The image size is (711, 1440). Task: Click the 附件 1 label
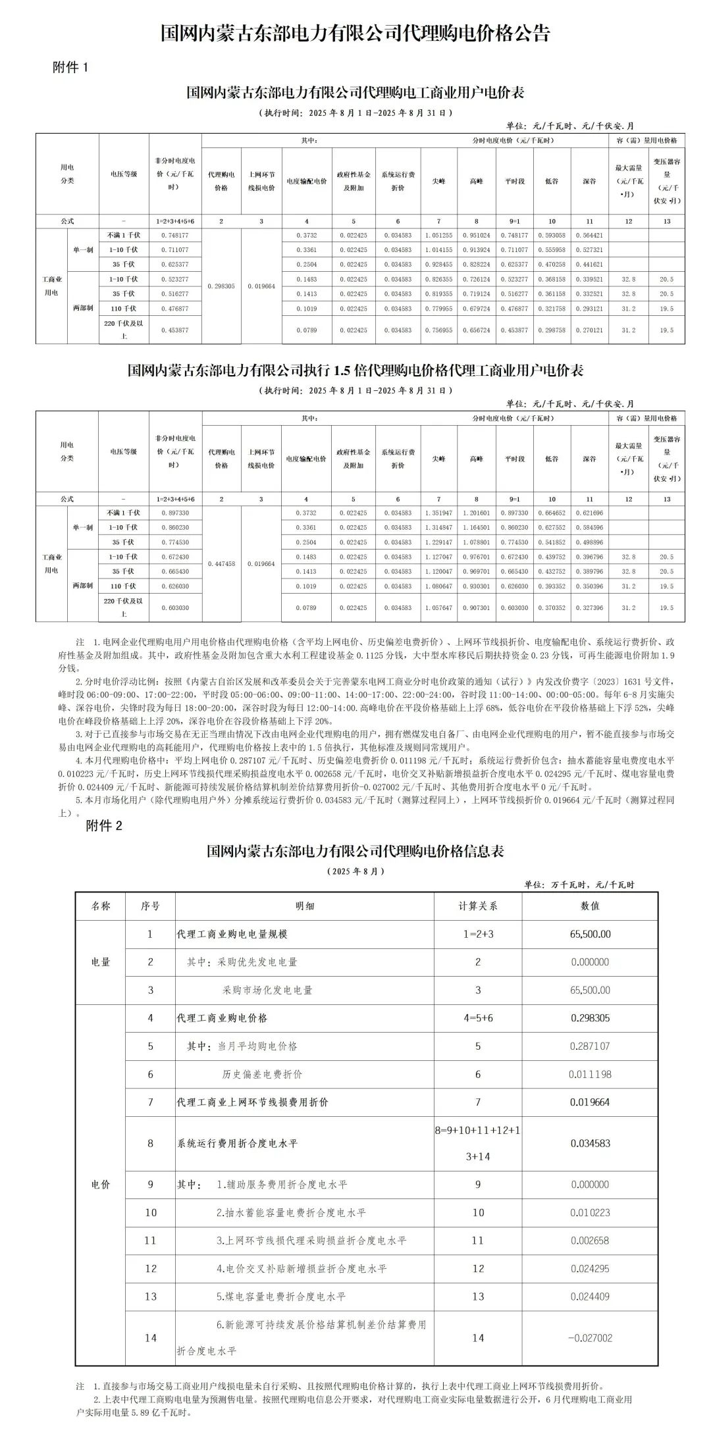point(70,67)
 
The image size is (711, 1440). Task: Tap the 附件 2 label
point(104,825)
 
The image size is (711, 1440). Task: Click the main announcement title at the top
point(355,33)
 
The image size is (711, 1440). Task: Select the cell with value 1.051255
point(438,235)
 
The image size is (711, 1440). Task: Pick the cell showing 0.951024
point(477,235)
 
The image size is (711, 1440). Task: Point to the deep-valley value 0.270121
point(589,330)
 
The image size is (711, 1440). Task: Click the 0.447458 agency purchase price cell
point(221,564)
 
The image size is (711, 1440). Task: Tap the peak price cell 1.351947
point(438,513)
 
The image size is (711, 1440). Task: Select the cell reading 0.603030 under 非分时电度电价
point(175,608)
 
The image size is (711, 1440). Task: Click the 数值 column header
point(590,906)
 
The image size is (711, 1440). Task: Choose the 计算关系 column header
point(478,906)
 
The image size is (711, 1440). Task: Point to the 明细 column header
point(305,906)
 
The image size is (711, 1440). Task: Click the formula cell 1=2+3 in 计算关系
point(478,934)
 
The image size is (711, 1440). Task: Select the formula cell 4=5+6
point(478,1018)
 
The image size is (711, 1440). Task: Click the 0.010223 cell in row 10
point(590,1212)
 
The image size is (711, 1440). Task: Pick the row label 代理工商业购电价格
point(223,1018)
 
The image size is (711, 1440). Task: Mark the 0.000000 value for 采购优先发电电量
point(590,962)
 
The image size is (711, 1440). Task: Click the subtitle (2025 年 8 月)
point(355,871)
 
